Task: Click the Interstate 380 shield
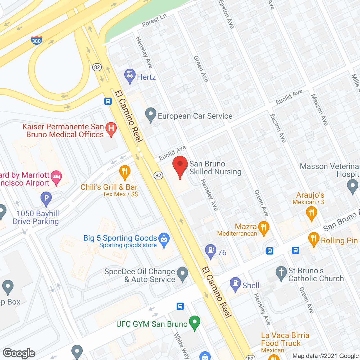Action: pyautogui.click(x=36, y=40)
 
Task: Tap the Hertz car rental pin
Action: pyautogui.click(x=130, y=76)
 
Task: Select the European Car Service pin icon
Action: pyautogui.click(x=151, y=114)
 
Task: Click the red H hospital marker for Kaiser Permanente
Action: pyautogui.click(x=111, y=129)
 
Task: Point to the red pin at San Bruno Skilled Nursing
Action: pyautogui.click(x=180, y=165)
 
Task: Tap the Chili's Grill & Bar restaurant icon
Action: pyautogui.click(x=125, y=172)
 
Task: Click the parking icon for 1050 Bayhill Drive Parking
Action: pyautogui.click(x=46, y=198)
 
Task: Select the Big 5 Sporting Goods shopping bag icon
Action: pyautogui.click(x=164, y=239)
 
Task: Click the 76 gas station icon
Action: pyautogui.click(x=211, y=251)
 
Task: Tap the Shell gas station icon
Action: pyautogui.click(x=235, y=284)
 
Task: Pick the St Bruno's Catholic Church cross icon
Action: pyautogui.click(x=281, y=273)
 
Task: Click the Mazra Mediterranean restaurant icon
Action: pyautogui.click(x=264, y=228)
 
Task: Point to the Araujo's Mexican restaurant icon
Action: pyautogui.click(x=311, y=213)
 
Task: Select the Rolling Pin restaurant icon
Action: pyautogui.click(x=314, y=239)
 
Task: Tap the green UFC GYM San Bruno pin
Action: pyautogui.click(x=194, y=322)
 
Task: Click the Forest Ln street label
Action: pyautogui.click(x=154, y=21)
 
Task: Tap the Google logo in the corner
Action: pyautogui.click(x=19, y=353)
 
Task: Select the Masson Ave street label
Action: pyautogui.click(x=319, y=110)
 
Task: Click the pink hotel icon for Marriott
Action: pyautogui.click(x=57, y=177)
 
